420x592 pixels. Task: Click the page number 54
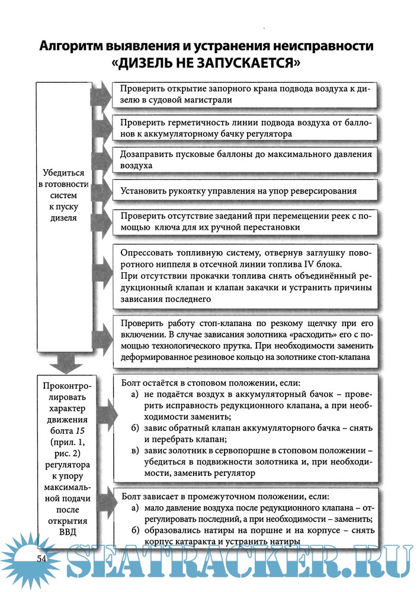(42, 559)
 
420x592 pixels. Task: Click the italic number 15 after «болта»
(73, 430)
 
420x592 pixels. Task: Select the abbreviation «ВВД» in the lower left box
(63, 532)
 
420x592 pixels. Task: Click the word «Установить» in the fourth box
(145, 191)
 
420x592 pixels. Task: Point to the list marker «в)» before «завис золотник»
(135, 451)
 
